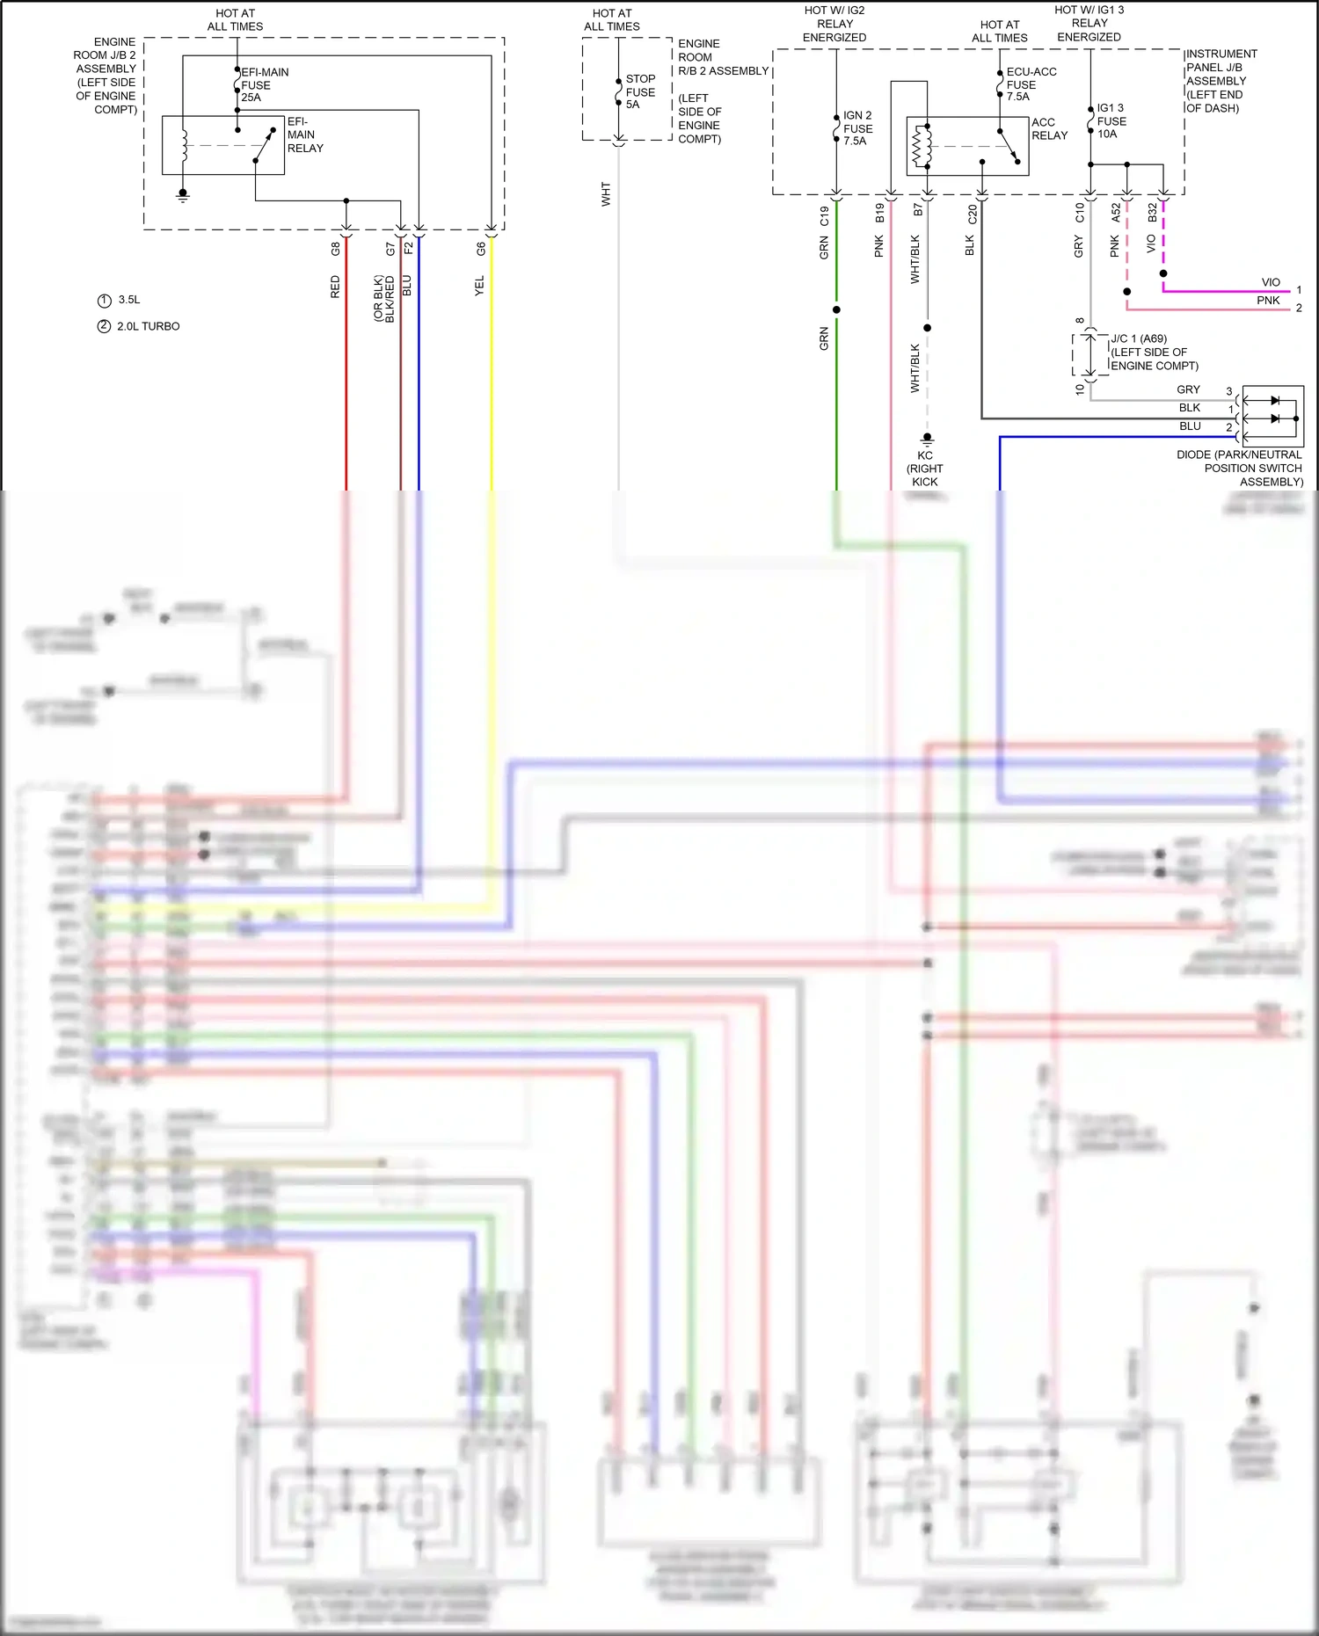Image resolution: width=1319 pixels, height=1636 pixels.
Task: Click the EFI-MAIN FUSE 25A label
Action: point(264,85)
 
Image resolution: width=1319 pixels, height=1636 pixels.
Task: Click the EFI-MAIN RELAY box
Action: point(223,145)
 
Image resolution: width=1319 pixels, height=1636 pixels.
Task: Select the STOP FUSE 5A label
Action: point(640,91)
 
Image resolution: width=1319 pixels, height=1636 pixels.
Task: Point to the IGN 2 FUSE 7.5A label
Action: point(857,128)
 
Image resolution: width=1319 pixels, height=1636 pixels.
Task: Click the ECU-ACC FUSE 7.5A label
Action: point(1031,84)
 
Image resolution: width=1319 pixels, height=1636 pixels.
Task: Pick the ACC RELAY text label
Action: point(1049,129)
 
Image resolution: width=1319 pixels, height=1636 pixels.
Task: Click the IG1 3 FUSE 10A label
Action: point(1111,121)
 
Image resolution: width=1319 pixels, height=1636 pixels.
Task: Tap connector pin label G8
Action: point(335,249)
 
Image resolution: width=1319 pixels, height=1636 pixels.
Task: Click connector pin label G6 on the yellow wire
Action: point(481,249)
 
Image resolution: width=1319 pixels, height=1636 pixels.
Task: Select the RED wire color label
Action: point(335,287)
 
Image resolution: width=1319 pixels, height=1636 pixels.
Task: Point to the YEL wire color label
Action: point(479,286)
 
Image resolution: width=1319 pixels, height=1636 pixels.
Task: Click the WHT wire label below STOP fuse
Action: point(606,194)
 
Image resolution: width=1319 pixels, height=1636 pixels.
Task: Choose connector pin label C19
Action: point(824,215)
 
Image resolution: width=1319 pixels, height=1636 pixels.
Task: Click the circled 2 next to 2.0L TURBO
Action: point(104,326)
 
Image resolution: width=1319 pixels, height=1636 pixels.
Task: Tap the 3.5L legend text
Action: point(129,300)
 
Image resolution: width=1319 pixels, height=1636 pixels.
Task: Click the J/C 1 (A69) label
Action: point(1139,338)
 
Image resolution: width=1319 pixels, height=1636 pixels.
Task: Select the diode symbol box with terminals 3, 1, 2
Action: point(1272,414)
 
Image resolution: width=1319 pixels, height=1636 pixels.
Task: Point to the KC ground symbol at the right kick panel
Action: point(927,438)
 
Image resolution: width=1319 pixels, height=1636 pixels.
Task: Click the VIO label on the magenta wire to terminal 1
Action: point(1271,282)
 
